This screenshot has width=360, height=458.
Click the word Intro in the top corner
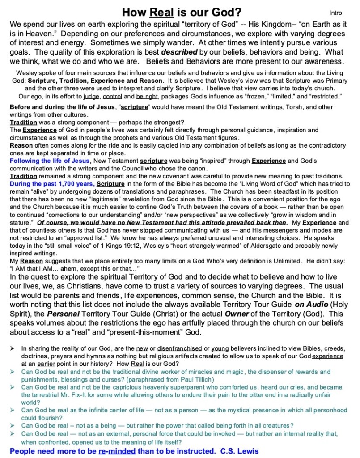pos(335,13)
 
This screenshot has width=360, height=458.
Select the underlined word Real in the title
pos(161,12)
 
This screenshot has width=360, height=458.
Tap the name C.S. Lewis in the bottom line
pos(240,451)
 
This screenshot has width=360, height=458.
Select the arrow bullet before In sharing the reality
pos(13,348)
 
